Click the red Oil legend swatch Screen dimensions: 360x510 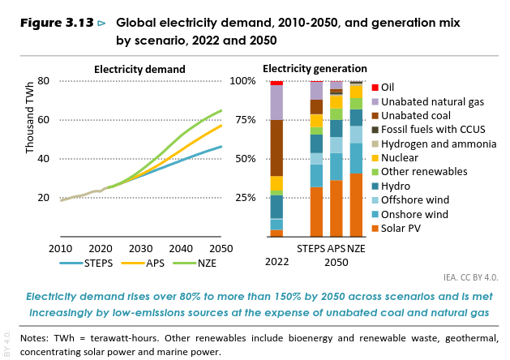click(x=375, y=88)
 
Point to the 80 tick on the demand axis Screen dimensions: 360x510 click(x=44, y=81)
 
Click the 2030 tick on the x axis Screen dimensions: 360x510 click(x=140, y=248)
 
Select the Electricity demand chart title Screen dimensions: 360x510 click(x=139, y=69)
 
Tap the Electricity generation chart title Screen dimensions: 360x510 click(x=315, y=69)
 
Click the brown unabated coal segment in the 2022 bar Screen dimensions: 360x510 click(x=276, y=148)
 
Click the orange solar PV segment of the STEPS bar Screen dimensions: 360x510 click(x=316, y=212)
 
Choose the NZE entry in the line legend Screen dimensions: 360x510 click(x=200, y=263)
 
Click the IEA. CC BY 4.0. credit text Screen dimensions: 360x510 click(x=471, y=276)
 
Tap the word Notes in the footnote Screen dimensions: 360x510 click(x=35, y=337)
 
